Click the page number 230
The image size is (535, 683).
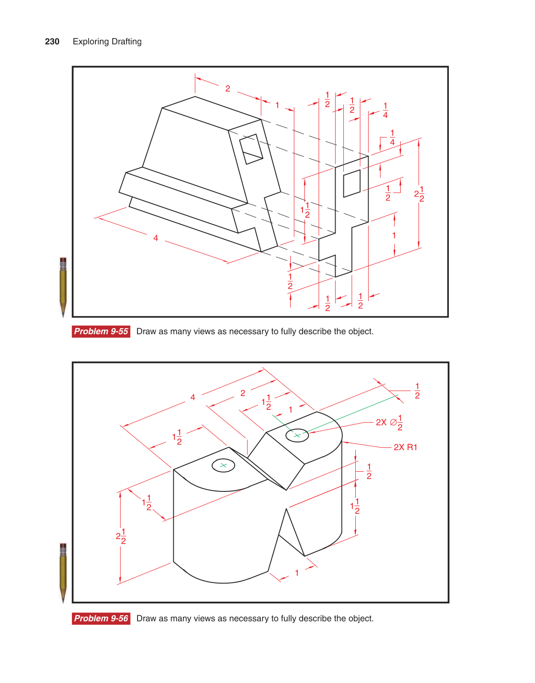click(x=52, y=42)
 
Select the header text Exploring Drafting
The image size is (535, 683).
click(x=107, y=42)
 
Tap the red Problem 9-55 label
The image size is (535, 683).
click(x=101, y=331)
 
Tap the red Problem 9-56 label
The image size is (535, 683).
click(x=101, y=618)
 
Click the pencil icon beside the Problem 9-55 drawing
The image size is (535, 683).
click(x=63, y=286)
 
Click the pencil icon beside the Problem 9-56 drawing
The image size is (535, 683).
click(x=63, y=573)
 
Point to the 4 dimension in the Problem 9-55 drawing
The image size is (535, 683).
click(x=156, y=238)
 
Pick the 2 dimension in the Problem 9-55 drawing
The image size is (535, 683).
click(x=228, y=88)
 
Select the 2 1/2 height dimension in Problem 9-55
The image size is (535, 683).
click(x=419, y=193)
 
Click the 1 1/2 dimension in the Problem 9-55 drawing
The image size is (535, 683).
click(x=305, y=210)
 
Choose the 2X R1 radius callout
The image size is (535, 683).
click(x=405, y=447)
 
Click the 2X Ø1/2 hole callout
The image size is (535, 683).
click(x=389, y=422)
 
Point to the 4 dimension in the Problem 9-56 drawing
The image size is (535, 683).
click(x=193, y=397)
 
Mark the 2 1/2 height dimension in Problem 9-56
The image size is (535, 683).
click(x=121, y=536)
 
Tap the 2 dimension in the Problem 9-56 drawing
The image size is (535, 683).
click(x=243, y=393)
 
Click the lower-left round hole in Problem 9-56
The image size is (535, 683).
click(x=223, y=465)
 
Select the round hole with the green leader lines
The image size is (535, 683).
click(x=297, y=435)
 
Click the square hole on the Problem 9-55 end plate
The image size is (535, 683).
click(x=352, y=183)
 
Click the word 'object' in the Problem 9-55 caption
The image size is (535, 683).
click(x=361, y=331)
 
